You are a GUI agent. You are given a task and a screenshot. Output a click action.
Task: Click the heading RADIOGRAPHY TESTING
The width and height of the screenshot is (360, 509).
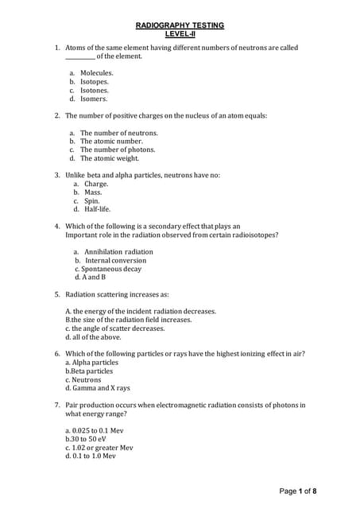point(180,25)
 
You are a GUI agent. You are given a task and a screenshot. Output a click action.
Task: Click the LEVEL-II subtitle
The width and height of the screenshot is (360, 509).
point(180,34)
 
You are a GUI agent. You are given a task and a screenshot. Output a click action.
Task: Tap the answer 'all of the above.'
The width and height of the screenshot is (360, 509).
point(95,336)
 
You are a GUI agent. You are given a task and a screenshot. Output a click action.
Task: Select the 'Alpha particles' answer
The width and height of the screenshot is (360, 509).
point(94,362)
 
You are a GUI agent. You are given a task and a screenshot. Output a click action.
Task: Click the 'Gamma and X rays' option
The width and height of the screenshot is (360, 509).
point(98,388)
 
